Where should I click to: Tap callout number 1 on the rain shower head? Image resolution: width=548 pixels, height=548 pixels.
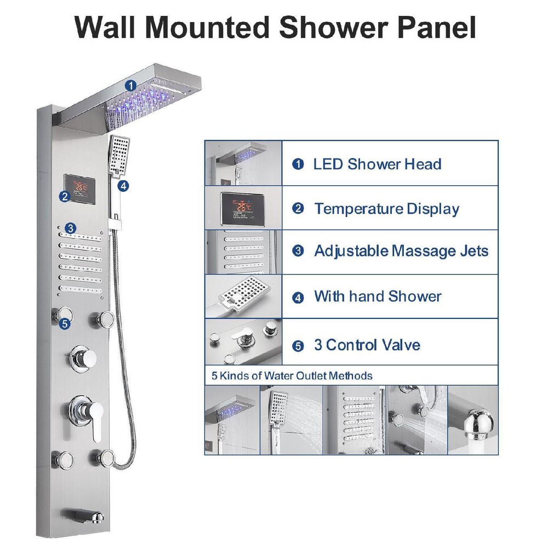pyautogui.click(x=130, y=85)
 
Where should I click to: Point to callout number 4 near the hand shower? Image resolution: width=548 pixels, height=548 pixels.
pyautogui.click(x=124, y=186)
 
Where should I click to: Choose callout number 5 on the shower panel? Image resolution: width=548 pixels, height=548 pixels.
pyautogui.click(x=65, y=324)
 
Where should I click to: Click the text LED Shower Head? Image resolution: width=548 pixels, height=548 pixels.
pyautogui.click(x=377, y=164)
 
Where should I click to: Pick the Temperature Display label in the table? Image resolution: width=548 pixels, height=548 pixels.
pyautogui.click(x=386, y=209)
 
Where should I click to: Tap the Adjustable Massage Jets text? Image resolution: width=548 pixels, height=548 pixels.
pyautogui.click(x=401, y=252)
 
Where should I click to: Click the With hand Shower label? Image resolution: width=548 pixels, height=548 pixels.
pyautogui.click(x=377, y=297)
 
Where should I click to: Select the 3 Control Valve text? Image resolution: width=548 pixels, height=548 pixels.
pyautogui.click(x=367, y=345)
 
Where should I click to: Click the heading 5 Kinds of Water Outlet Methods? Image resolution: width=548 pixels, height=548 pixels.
pyautogui.click(x=292, y=376)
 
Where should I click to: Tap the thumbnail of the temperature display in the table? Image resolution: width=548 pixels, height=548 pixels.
pyautogui.click(x=243, y=208)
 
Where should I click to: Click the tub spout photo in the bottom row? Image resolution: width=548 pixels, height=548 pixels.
pyautogui.click(x=473, y=420)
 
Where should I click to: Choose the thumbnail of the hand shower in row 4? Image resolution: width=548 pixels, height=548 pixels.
pyautogui.click(x=243, y=296)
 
